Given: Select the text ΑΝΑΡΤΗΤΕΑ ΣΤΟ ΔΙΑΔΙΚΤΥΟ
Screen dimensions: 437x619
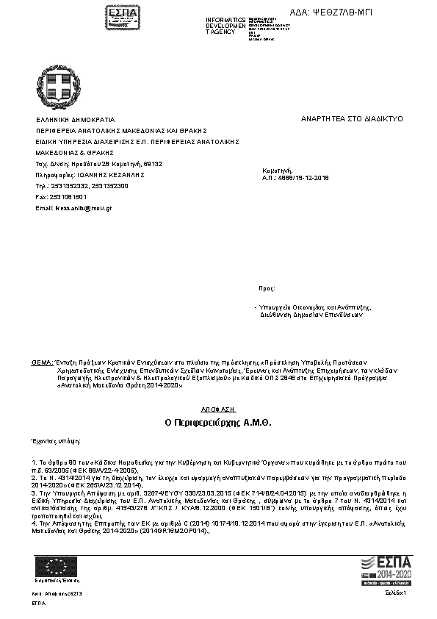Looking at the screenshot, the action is click(351, 119).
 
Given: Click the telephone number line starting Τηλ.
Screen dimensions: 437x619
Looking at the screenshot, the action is click(82, 187).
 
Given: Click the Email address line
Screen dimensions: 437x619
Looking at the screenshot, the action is click(73, 209).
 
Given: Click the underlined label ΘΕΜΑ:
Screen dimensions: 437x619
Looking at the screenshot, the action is click(43, 363).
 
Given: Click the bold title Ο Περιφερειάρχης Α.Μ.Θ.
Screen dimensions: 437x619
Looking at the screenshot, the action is click(218, 424).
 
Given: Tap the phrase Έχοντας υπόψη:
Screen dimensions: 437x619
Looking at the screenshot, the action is click(57, 442).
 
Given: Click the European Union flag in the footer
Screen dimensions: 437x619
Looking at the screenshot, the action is click(57, 567).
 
